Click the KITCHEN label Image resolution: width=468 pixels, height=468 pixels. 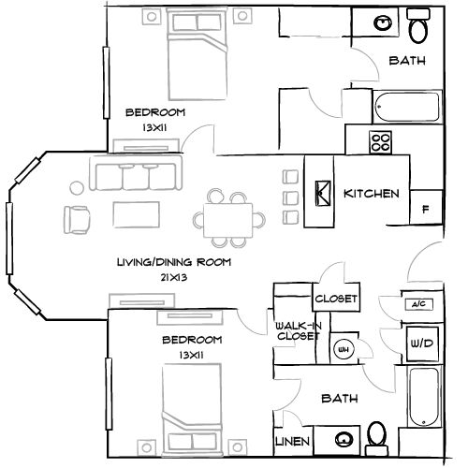[x=372, y=194]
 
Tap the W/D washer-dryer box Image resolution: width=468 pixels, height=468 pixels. [x=421, y=344]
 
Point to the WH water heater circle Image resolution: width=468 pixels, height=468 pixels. [x=344, y=348]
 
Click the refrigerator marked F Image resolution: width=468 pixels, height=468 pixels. [x=426, y=208]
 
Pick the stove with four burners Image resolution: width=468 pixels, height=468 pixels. [x=379, y=142]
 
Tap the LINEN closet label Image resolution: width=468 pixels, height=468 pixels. [x=291, y=441]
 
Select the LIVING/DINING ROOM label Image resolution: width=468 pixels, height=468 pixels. [x=173, y=263]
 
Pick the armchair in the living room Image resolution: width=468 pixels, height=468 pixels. [x=77, y=218]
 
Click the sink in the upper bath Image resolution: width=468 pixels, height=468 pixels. [x=383, y=23]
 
